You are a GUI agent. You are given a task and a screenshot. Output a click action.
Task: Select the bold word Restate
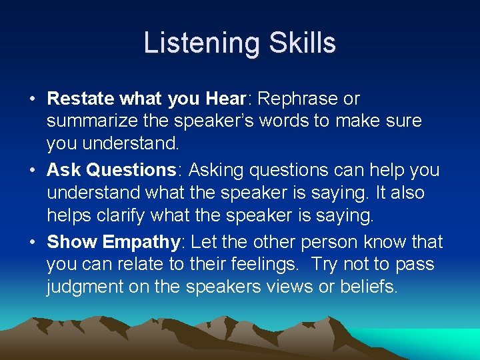(81, 99)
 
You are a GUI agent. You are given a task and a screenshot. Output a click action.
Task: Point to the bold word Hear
(225, 99)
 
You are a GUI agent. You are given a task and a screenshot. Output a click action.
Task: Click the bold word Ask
(63, 170)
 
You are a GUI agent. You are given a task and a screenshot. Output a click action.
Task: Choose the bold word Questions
(131, 170)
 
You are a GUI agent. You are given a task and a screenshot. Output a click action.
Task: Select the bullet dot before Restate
(32, 99)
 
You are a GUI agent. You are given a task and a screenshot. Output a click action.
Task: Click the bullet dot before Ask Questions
(32, 171)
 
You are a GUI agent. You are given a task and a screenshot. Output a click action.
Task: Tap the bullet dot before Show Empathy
(32, 242)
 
